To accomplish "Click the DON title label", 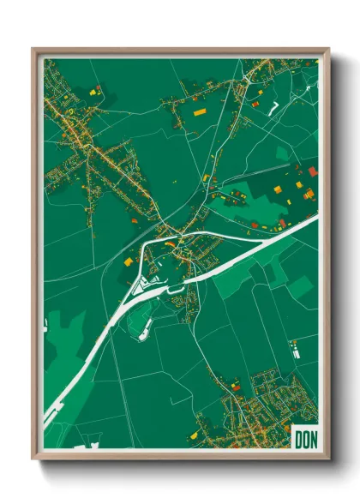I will pyautogui.click(x=304, y=438).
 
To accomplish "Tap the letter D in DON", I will pyautogui.click(x=297, y=438).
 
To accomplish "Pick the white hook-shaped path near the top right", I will pyautogui.click(x=275, y=108).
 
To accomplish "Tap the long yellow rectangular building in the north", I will pyautogui.click(x=200, y=111).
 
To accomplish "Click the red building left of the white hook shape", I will pyautogui.click(x=255, y=104).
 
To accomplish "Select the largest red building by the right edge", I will pyautogui.click(x=313, y=171).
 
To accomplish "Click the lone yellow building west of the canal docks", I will pyautogui.click(x=126, y=261).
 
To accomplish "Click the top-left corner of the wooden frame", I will pyautogui.click(x=33, y=49).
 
